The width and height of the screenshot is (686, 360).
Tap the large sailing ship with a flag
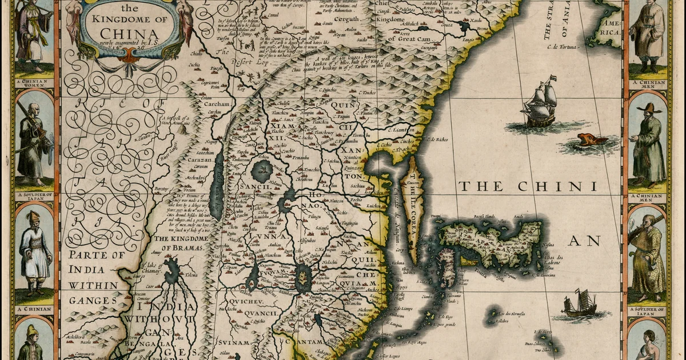click(x=540, y=103)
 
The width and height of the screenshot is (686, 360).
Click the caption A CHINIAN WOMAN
click(x=34, y=83)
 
